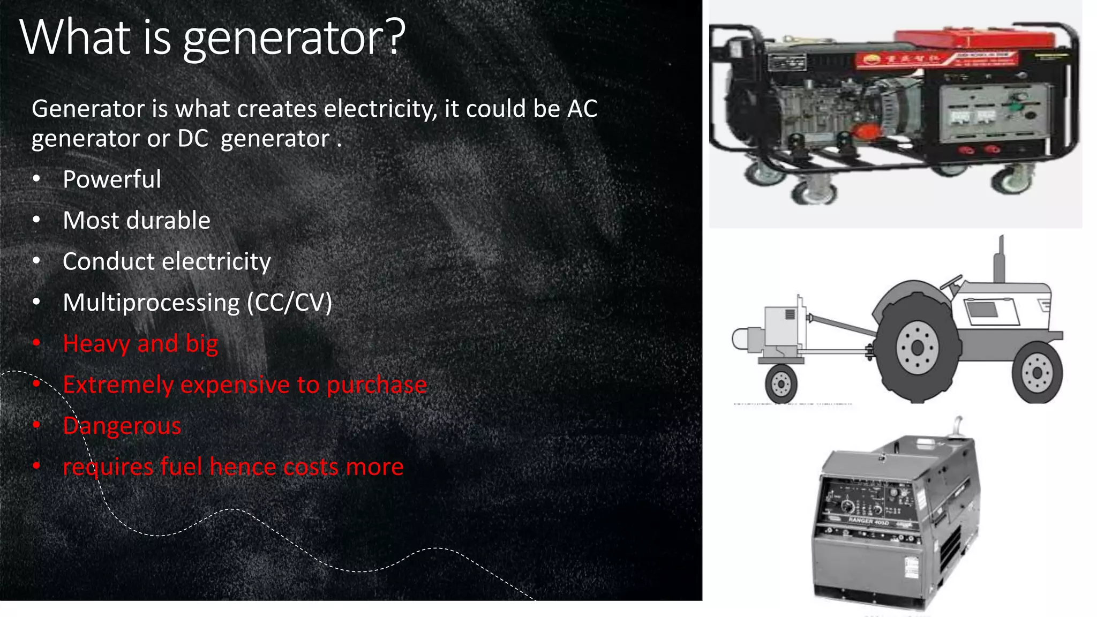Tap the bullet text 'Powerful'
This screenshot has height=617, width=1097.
click(111, 179)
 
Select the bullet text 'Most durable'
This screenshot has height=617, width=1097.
click(137, 221)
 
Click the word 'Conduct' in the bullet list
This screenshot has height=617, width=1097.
click(108, 261)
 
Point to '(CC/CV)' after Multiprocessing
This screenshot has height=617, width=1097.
click(289, 303)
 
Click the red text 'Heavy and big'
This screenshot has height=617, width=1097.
click(140, 344)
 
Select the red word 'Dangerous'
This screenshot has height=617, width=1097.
click(122, 426)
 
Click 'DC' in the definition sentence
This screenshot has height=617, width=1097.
click(193, 139)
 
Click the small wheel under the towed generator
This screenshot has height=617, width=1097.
click(781, 383)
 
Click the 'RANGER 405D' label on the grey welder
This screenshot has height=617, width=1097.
click(868, 521)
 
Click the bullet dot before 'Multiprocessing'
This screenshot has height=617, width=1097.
click(36, 303)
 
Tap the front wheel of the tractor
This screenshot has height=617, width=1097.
click(1037, 373)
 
